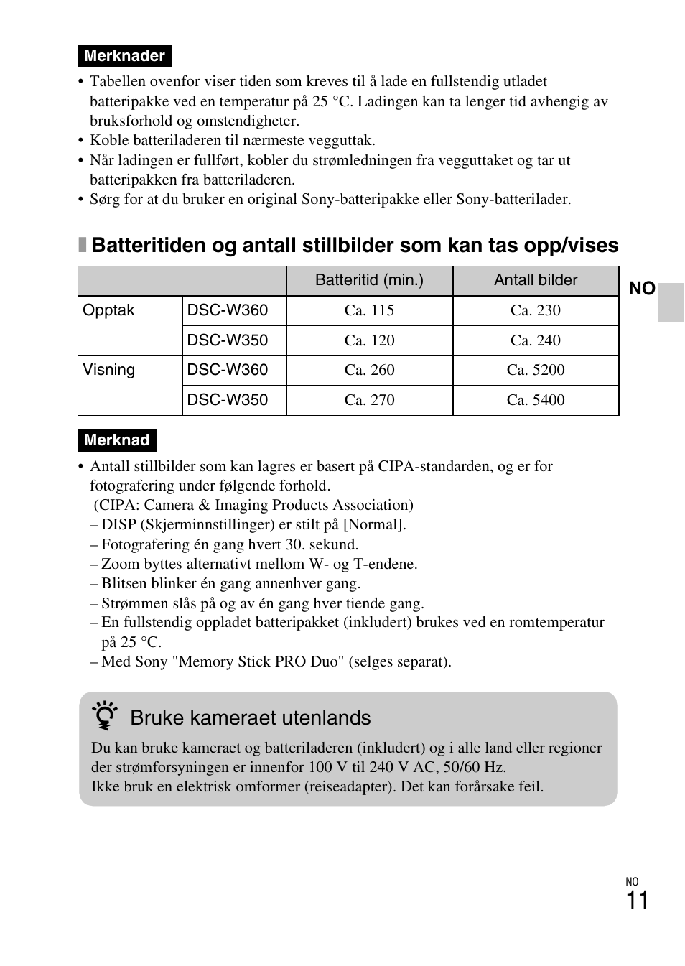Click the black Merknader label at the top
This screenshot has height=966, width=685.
[124, 56]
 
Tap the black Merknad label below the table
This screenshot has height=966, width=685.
[116, 440]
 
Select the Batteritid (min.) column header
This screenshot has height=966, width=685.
[369, 281]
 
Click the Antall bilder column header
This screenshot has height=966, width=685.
[536, 281]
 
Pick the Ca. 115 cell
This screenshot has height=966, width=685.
[369, 311]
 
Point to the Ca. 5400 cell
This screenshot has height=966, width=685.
[536, 400]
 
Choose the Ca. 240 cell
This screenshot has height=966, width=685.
[536, 340]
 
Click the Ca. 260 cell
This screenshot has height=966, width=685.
[369, 370]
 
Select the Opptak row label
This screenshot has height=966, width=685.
[109, 311]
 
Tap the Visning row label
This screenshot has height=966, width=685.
[109, 370]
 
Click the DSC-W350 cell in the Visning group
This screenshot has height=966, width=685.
[228, 400]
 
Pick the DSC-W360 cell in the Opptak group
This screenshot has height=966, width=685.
[228, 311]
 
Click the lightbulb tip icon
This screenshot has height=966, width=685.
[106, 717]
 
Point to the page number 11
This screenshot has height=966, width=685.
[637, 901]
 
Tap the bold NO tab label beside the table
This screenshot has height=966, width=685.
[642, 289]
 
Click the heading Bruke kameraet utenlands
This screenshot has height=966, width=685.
[251, 718]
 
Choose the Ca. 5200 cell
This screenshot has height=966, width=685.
[536, 370]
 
